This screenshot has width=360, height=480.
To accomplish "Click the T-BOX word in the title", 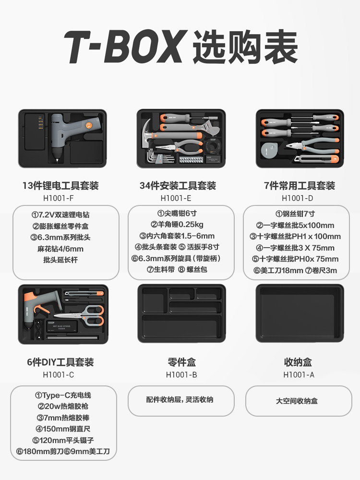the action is coord(125,47).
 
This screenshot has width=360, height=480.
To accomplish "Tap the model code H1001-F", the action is coord(59,198).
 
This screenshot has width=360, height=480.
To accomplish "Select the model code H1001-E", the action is coord(176,198).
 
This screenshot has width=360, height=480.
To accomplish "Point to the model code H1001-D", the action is coord(297,198).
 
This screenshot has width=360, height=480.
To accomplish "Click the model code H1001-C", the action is coord(59,375).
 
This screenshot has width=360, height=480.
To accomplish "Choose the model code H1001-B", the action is coord(181,375).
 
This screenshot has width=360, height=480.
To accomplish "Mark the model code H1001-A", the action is coord(299,375).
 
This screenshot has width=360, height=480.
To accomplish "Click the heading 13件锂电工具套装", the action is coord(60,185).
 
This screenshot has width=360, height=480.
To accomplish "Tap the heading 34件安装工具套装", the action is coord(178,185).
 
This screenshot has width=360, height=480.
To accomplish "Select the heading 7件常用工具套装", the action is coord(300,185).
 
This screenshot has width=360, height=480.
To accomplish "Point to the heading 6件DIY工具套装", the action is coord(60,362).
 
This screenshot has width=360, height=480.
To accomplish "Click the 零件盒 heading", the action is coord(181,362).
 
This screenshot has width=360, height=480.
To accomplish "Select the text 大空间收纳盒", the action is coord(297,401).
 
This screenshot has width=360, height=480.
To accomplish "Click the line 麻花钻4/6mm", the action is coord(60,249).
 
